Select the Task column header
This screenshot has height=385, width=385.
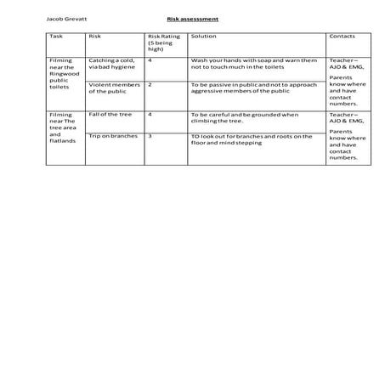57,37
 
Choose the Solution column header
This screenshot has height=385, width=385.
203,37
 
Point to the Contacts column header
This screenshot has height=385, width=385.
342,37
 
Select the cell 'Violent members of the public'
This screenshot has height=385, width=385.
114,88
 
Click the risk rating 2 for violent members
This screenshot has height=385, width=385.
150,85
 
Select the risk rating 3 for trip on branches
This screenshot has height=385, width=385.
150,134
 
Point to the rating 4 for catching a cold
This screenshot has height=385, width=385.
150,61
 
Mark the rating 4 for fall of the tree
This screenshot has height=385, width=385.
150,114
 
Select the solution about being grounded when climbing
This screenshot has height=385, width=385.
245,117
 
